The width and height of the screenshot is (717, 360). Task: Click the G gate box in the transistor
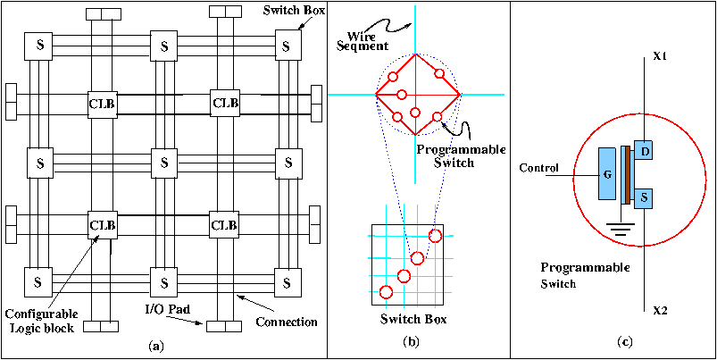click(607, 173)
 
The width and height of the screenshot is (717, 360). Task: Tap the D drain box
click(645, 152)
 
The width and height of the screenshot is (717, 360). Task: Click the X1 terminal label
click(661, 56)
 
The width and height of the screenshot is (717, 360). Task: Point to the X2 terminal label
click(661, 310)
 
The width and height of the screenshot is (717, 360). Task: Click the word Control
click(538, 168)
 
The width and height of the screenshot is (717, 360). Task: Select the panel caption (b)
click(411, 339)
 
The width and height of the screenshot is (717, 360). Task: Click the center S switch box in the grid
click(163, 163)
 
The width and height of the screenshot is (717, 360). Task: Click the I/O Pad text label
click(166, 310)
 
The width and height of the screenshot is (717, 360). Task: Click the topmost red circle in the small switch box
click(435, 236)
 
